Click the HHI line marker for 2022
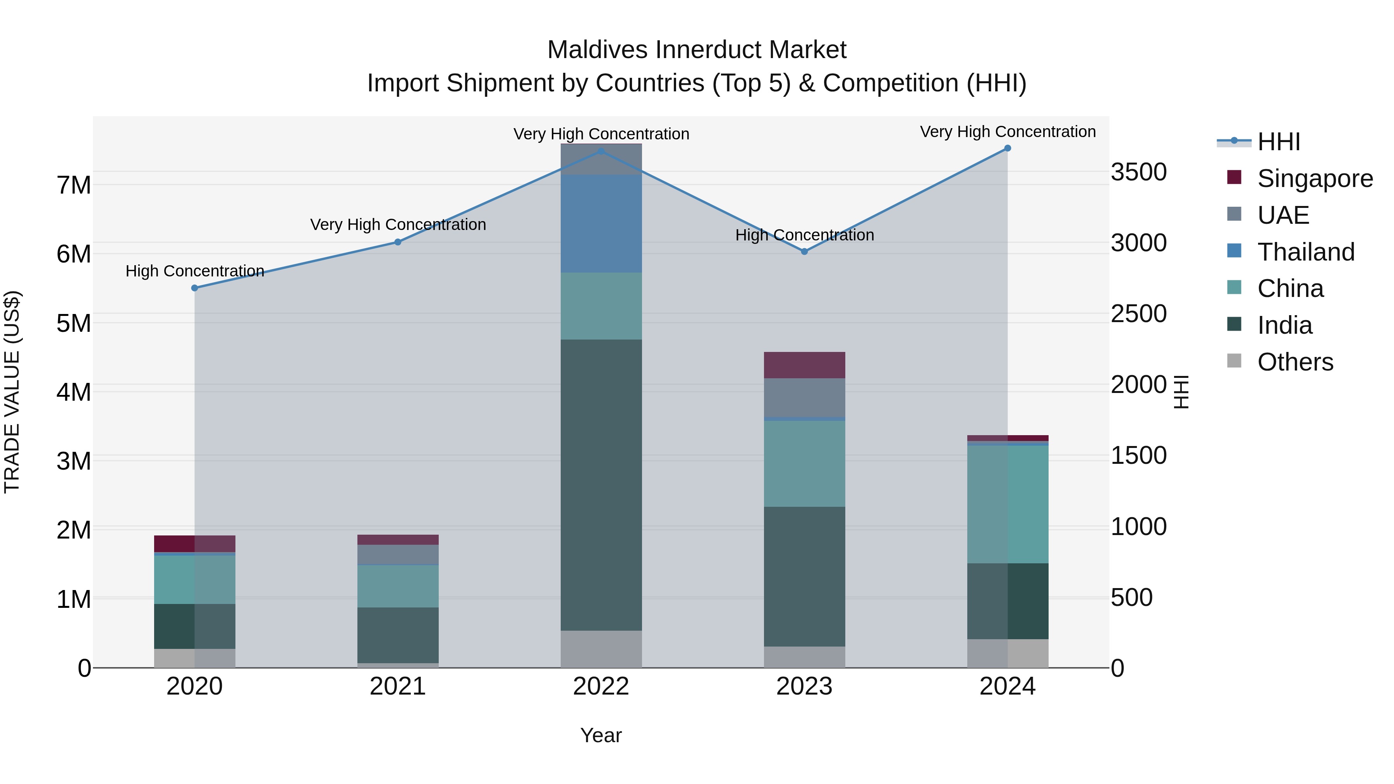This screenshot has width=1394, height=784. point(601,151)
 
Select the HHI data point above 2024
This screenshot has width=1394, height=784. point(1007,148)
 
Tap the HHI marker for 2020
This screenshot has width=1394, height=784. point(195,288)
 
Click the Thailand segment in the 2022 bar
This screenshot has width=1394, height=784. point(601,223)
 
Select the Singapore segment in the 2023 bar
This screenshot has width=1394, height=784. point(804,365)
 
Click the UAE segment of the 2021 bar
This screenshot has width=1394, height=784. point(398,554)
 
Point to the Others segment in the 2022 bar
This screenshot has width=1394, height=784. point(601,649)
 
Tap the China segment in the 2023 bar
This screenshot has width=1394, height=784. point(804,464)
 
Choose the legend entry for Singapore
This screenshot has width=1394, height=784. point(1315,178)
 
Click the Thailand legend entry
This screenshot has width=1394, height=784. point(1305,252)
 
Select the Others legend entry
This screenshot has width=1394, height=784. point(1294,362)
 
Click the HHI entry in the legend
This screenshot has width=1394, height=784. point(1278,142)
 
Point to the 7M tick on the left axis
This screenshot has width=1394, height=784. point(74,185)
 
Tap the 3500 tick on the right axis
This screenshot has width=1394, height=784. point(1138,172)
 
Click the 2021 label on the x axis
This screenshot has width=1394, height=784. point(398,686)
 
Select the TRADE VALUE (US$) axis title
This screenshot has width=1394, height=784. point(12,392)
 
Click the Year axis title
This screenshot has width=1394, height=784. point(601,735)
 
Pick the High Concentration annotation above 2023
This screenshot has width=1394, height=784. point(804,235)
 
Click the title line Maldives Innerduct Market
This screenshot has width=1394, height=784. point(697,50)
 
